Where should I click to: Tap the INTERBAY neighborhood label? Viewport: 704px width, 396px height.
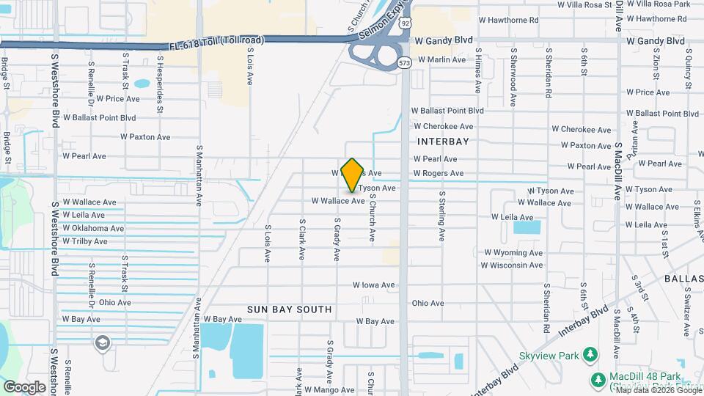click(x=442, y=140)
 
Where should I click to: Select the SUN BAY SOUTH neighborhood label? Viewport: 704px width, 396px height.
click(x=289, y=309)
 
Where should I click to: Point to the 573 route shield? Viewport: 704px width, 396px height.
click(x=404, y=63)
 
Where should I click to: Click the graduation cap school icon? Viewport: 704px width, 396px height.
click(x=103, y=342)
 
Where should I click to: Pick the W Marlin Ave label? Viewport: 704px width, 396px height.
click(x=439, y=59)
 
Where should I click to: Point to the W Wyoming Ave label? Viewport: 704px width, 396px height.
click(x=513, y=252)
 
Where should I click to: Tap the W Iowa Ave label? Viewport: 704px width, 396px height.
click(x=374, y=285)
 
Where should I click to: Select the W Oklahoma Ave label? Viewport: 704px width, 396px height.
click(x=93, y=228)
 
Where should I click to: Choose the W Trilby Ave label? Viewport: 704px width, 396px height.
click(x=85, y=241)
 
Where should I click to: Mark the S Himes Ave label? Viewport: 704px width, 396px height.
click(x=477, y=71)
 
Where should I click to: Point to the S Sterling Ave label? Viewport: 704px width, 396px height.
click(x=442, y=216)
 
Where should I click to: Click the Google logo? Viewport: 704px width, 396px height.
click(x=24, y=386)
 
